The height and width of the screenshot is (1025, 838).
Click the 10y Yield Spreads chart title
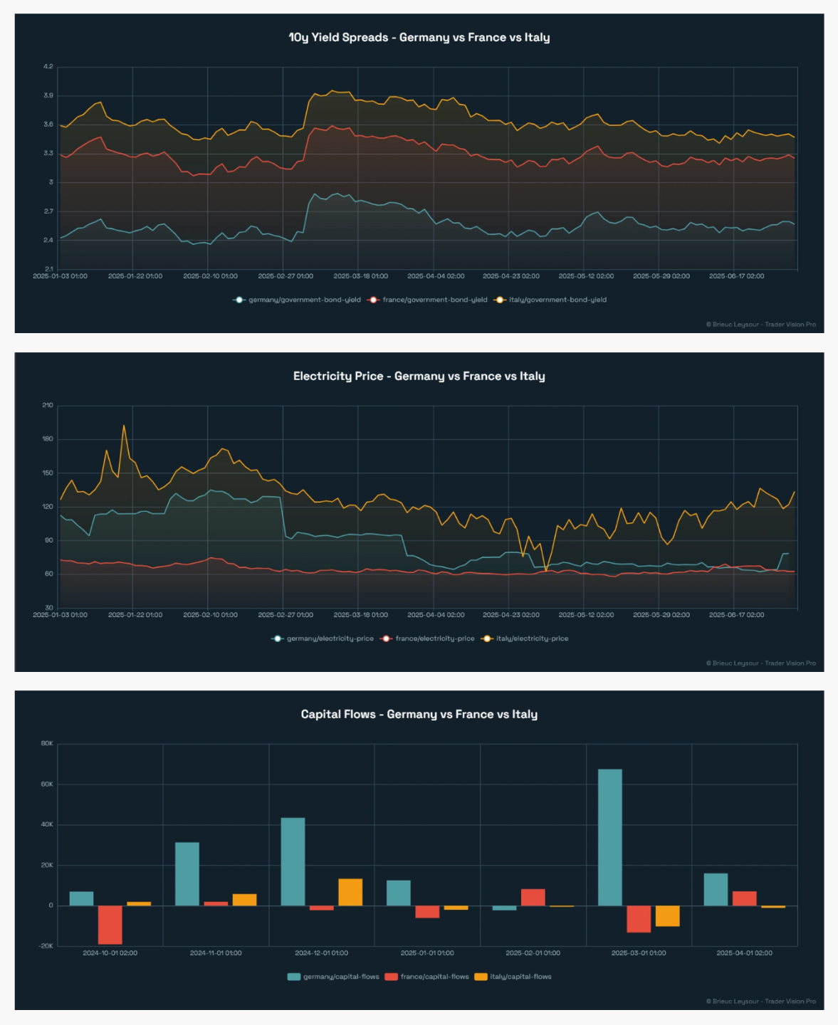[x=419, y=37]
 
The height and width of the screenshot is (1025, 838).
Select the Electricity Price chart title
[x=419, y=376]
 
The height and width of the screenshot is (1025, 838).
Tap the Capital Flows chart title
[x=419, y=714]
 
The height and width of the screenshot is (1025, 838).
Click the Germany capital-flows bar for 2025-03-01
[x=609, y=837]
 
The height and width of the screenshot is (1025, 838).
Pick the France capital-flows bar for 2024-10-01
[x=110, y=925]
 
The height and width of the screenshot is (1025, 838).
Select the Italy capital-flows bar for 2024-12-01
[x=350, y=892]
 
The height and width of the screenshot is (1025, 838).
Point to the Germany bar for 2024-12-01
[x=293, y=861]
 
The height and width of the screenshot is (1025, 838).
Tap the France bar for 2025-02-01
[x=533, y=897]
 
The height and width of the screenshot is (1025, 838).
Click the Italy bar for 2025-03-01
[x=667, y=915]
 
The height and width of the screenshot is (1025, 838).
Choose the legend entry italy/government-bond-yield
[x=557, y=300]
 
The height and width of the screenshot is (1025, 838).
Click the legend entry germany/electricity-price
[x=329, y=638]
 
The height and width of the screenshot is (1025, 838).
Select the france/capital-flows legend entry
[x=434, y=977]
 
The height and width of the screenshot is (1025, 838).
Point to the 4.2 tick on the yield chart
[x=48, y=67]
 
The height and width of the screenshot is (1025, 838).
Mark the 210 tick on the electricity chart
[x=47, y=405]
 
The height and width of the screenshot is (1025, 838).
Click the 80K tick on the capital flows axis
[x=47, y=743]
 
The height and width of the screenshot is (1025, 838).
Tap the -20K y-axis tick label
[x=46, y=946]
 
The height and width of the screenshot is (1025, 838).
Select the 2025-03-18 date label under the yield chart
[x=360, y=276]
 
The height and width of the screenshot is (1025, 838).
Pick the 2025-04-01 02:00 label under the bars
[x=744, y=953]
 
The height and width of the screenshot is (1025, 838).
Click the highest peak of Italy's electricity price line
[x=124, y=426]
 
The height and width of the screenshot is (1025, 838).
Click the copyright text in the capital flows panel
[x=760, y=1002]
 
